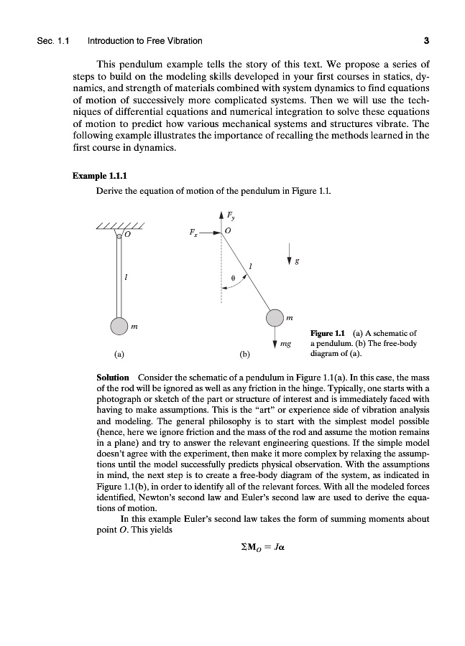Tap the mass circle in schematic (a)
click(119, 326)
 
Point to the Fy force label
click(230, 214)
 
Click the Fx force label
click(191, 233)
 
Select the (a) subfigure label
click(119, 354)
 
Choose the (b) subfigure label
click(244, 354)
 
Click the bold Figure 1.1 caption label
click(326, 333)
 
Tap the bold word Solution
click(113, 378)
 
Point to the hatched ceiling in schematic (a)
click(119, 227)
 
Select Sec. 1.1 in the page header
click(52, 40)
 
